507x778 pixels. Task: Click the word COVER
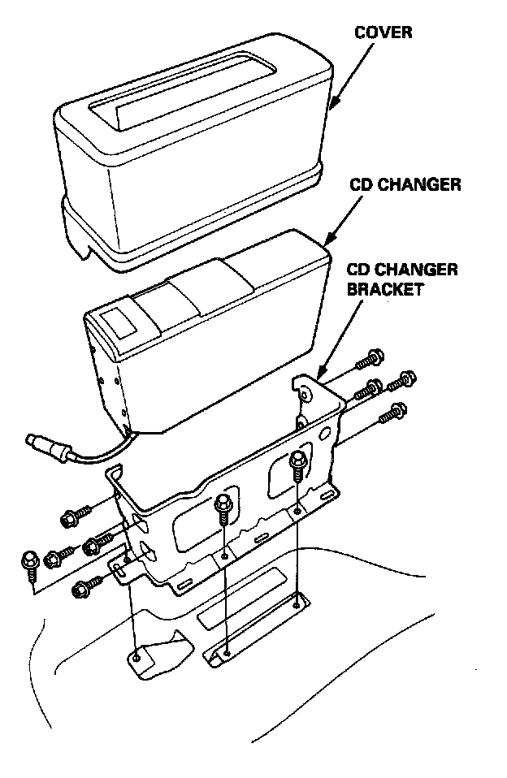pos(383,33)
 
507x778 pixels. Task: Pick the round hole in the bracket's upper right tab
pos(305,395)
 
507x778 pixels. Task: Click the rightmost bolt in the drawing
pos(404,378)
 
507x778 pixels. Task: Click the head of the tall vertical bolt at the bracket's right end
pos(297,462)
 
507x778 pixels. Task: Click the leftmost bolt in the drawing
pos(29,561)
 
